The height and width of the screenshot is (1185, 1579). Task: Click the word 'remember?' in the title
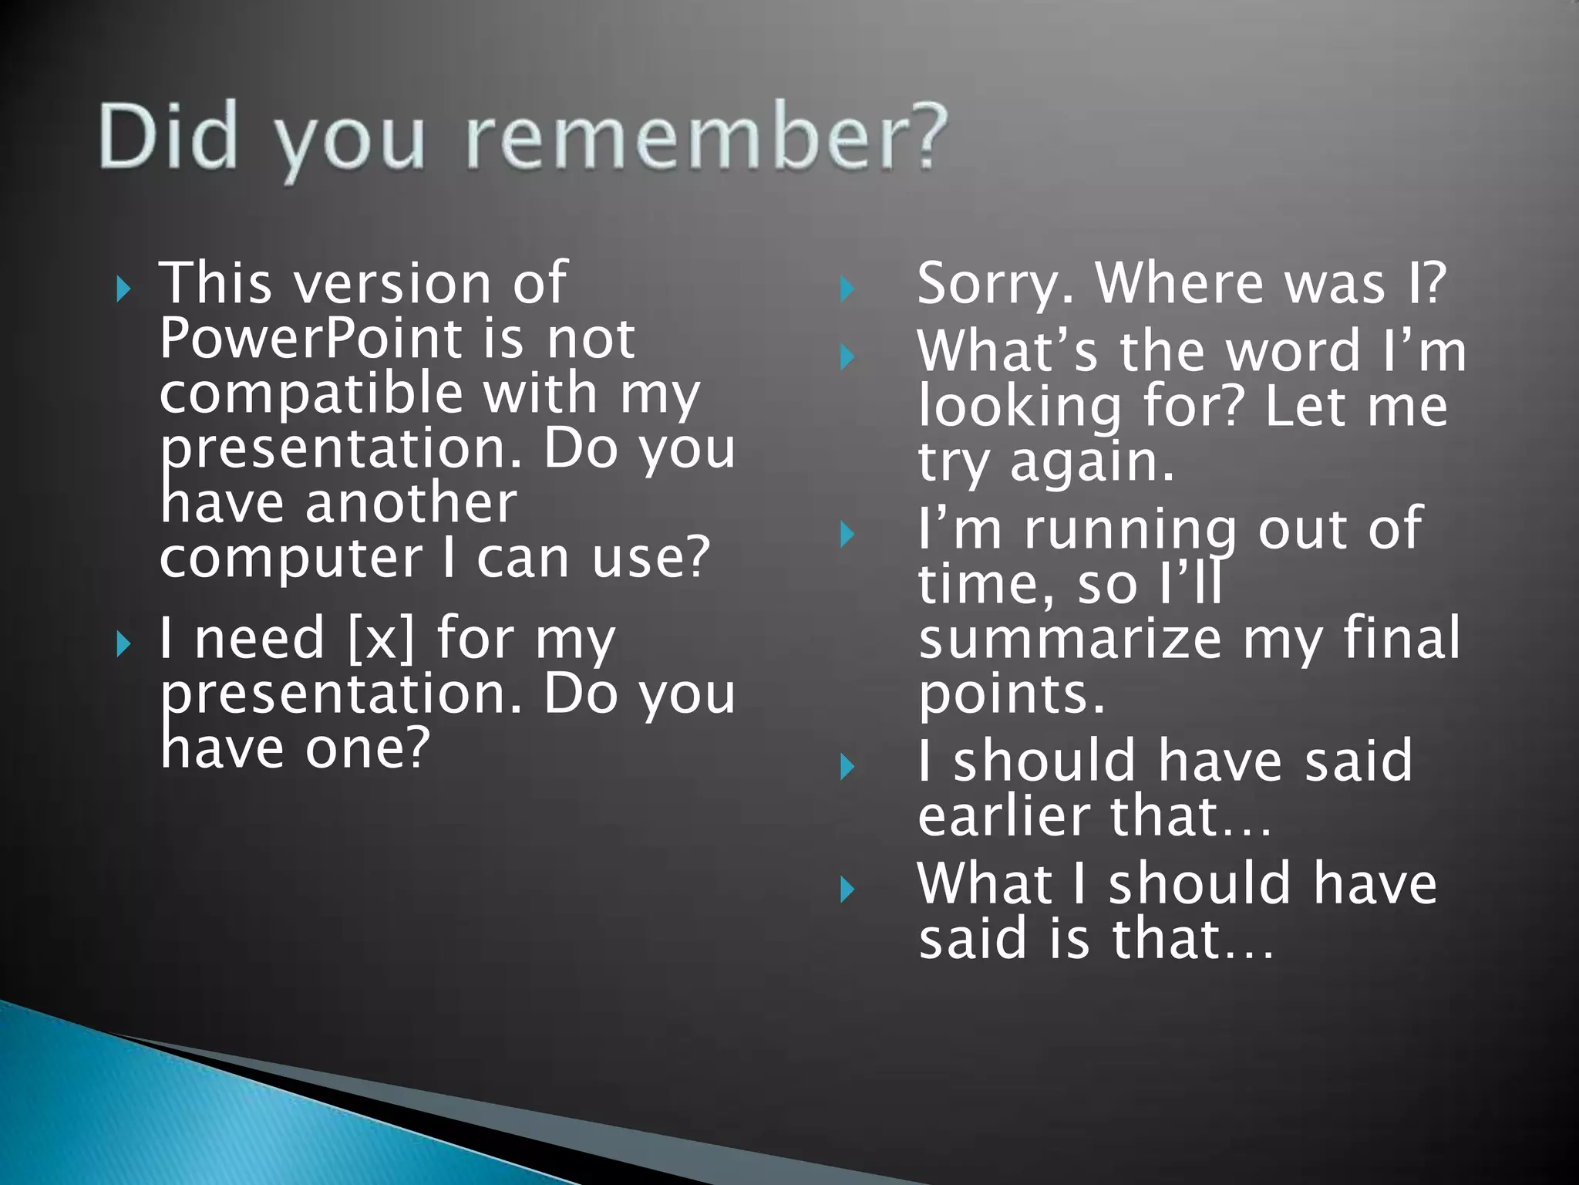point(706,137)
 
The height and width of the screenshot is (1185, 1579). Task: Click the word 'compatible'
point(311,393)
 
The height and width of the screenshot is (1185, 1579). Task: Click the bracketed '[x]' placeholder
point(381,639)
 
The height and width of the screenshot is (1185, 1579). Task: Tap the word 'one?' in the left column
point(367,748)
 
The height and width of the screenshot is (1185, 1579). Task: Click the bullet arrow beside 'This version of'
point(123,290)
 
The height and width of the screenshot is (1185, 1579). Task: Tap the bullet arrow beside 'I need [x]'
point(123,644)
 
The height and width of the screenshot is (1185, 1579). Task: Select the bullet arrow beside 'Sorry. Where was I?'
point(847,290)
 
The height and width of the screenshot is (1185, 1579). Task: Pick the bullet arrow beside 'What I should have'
point(847,890)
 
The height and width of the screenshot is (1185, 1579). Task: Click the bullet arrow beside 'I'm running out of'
point(847,535)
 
